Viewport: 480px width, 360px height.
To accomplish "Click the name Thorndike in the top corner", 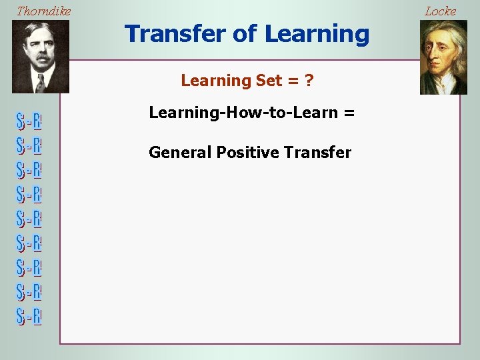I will (43, 11).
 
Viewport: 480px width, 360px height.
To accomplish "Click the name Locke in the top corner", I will (441, 11).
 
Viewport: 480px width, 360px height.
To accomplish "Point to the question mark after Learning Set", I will (309, 81).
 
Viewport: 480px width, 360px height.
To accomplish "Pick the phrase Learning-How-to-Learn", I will (243, 113).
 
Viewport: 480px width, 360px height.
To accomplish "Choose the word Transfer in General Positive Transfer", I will (317, 153).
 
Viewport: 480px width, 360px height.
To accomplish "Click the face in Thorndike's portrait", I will (40, 50).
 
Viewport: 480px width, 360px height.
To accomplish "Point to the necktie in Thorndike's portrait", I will (40, 83).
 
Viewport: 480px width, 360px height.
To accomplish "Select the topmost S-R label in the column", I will (29, 122).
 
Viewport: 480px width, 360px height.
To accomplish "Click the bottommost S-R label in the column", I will (29, 316).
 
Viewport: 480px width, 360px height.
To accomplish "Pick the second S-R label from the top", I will (29, 146).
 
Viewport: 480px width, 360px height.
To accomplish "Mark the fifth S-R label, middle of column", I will (29, 219).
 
